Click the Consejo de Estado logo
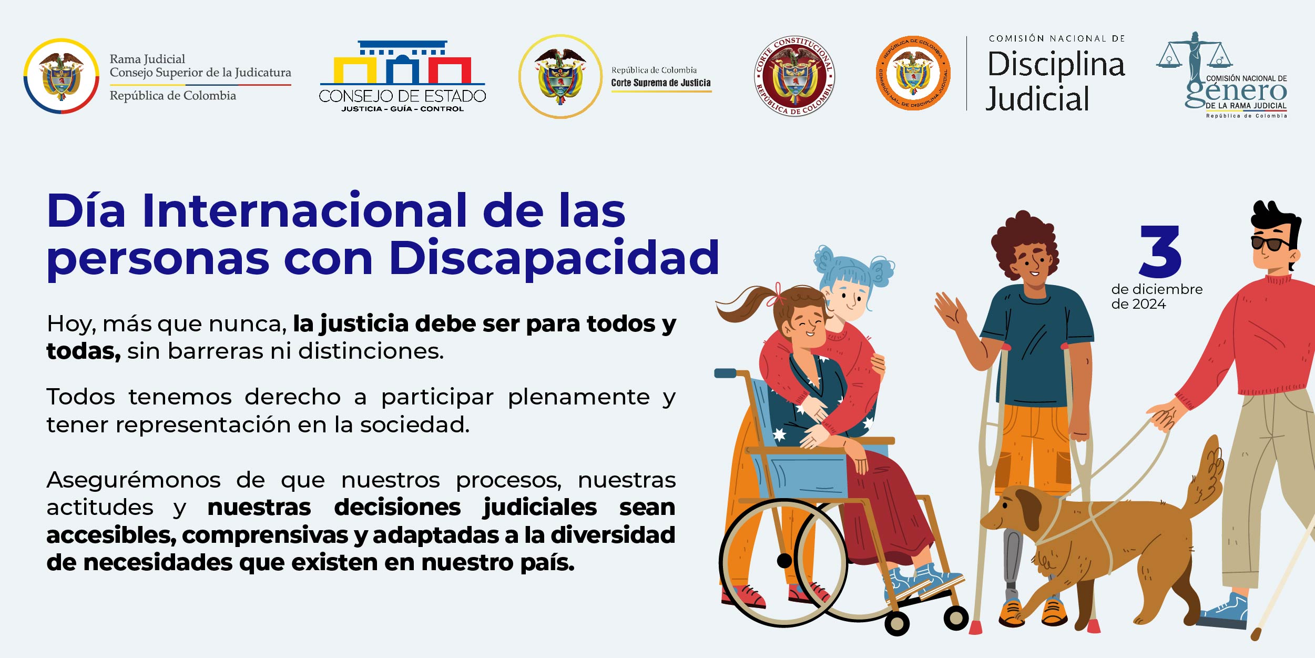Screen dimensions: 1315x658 [402, 76]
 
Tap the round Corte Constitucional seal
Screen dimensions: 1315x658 [794, 76]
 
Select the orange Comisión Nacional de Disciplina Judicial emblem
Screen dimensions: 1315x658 [914, 74]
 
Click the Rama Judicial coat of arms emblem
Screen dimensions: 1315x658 [62, 76]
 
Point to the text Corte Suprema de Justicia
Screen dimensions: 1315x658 [660, 83]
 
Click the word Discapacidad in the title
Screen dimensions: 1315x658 [554, 258]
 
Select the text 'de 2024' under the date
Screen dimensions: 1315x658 [1138, 304]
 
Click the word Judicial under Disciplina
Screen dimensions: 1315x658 [1037, 99]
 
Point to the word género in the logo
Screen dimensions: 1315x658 [1236, 93]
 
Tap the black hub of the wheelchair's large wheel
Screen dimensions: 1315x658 [784, 561]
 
